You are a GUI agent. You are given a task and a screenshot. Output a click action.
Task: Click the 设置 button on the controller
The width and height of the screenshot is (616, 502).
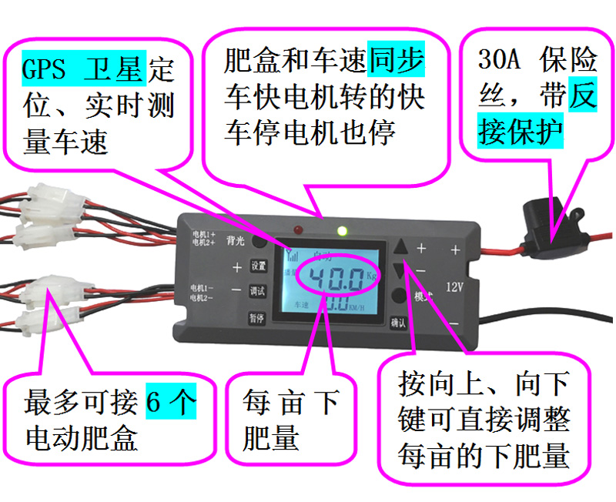(x=259, y=266)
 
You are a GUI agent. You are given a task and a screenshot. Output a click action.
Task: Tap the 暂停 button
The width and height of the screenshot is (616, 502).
(x=256, y=317)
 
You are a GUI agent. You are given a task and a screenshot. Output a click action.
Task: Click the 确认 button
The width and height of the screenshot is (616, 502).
(x=398, y=323)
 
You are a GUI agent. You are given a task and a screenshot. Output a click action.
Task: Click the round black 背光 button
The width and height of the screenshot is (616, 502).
(x=260, y=242)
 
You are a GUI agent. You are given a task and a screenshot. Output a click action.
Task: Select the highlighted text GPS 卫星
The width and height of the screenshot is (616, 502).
(x=82, y=70)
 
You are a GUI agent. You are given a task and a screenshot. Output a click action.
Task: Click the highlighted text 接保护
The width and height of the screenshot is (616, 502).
(x=521, y=131)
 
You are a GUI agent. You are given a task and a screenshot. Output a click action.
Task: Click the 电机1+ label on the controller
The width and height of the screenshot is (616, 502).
(x=203, y=233)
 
